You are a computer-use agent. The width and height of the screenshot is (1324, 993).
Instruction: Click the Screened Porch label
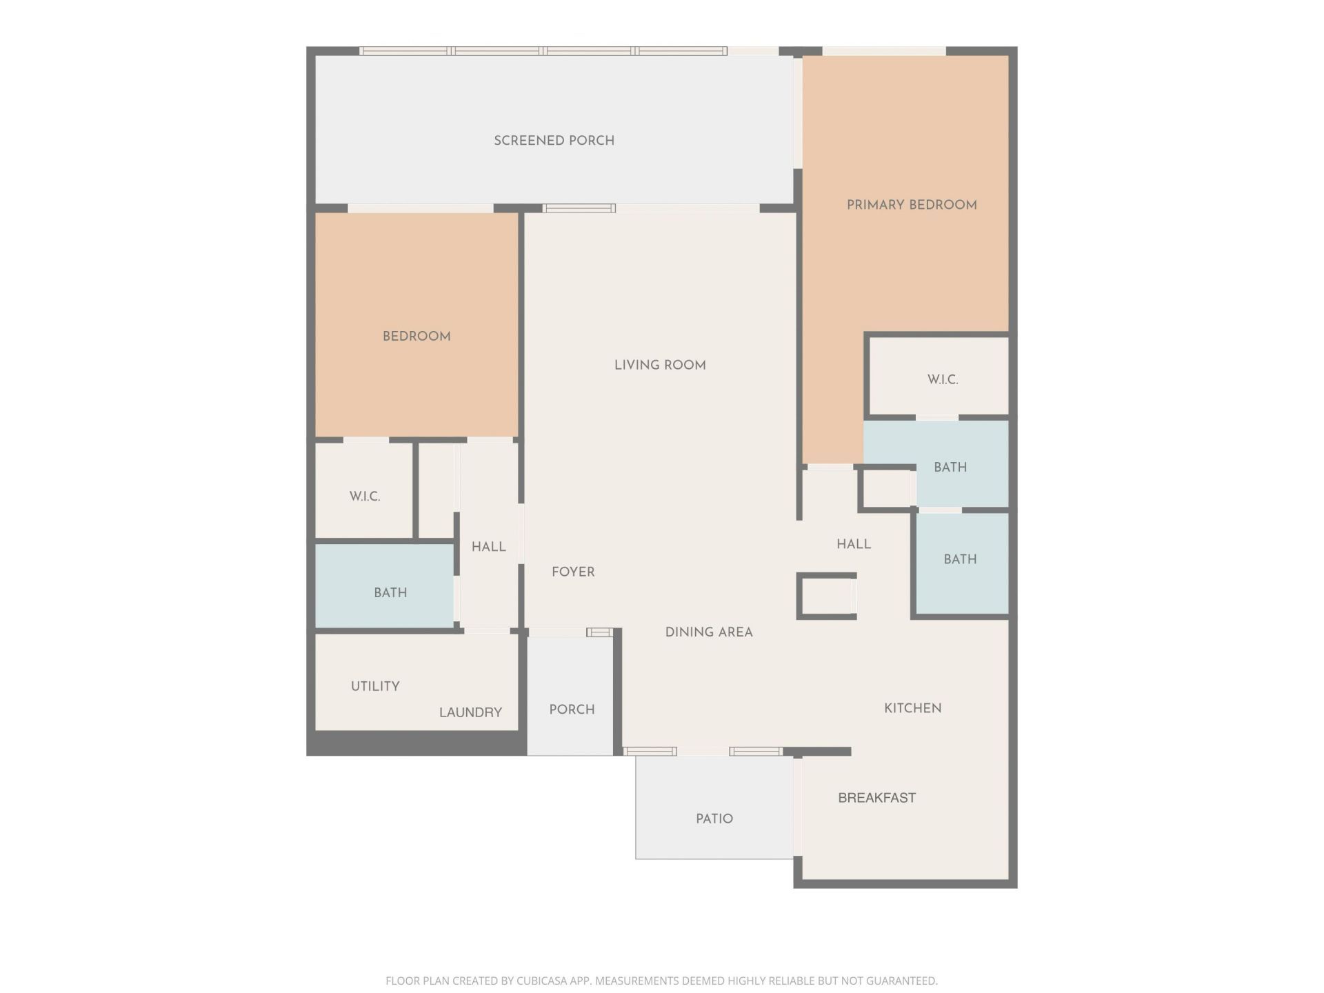(554, 141)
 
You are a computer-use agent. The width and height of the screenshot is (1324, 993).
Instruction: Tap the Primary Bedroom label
(911, 205)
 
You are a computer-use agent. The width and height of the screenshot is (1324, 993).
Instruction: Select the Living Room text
(659, 365)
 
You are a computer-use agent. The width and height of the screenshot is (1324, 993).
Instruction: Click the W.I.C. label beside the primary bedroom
(942, 379)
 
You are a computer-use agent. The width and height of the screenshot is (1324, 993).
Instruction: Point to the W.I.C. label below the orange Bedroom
(364, 496)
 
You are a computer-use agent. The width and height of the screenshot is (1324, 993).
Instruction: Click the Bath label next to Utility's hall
(390, 592)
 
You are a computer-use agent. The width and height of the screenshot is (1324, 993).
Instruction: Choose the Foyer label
(572, 572)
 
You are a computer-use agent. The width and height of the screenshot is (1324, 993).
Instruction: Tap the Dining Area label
(708, 632)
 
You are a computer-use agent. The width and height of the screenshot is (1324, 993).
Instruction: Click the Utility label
(375, 686)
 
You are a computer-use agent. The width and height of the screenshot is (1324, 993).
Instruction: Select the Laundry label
(470, 712)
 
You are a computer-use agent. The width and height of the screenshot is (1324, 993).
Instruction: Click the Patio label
(714, 819)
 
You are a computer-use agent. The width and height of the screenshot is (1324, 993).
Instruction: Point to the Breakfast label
(876, 798)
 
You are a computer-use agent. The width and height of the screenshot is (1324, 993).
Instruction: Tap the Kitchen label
(912, 708)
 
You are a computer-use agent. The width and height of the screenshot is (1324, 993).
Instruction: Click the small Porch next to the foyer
(571, 709)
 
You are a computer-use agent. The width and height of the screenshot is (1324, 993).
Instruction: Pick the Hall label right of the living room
(853, 544)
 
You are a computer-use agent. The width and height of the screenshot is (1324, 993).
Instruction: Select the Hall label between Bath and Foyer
(488, 547)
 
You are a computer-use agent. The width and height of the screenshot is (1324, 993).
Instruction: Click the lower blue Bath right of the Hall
(960, 559)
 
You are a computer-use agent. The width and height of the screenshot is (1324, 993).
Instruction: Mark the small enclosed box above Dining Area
(826, 596)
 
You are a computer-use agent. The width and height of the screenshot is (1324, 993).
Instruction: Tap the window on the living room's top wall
(579, 208)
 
